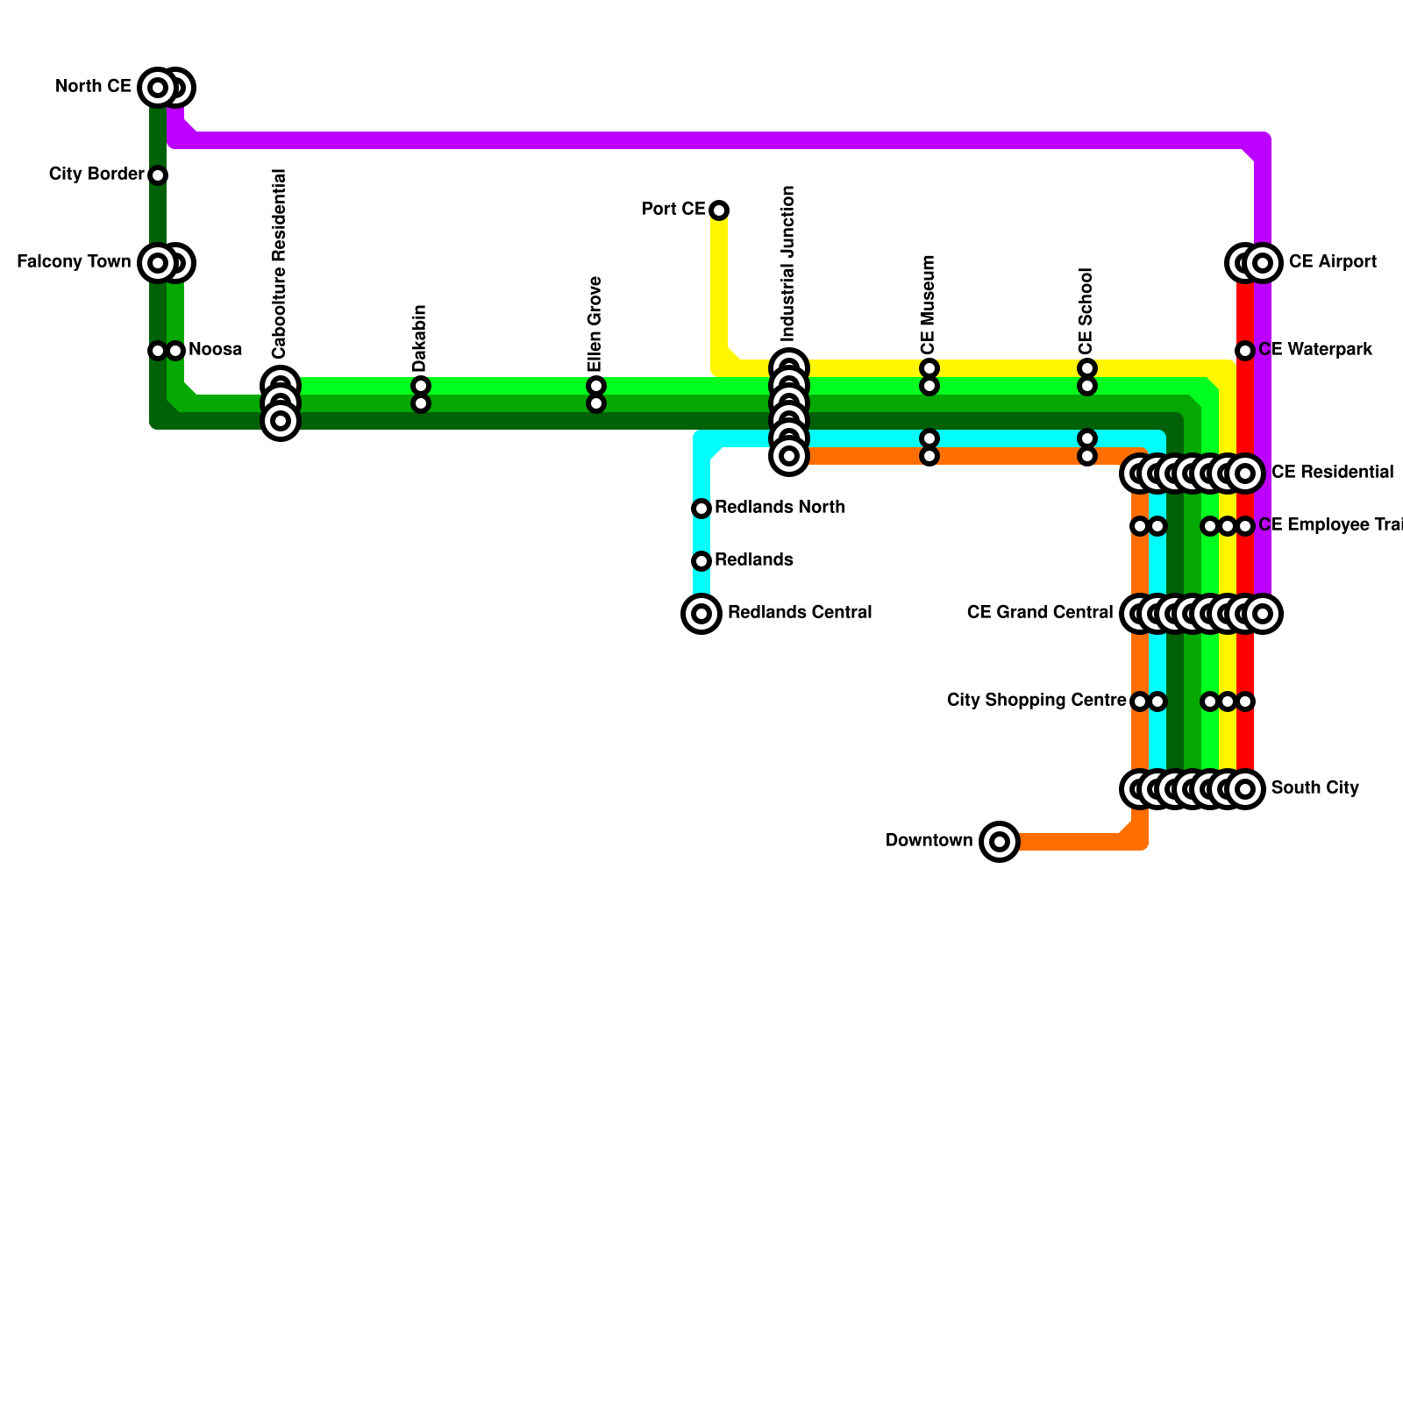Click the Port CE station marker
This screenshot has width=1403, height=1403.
pyautogui.click(x=719, y=210)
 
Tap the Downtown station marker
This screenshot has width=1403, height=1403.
pyautogui.click(x=1000, y=842)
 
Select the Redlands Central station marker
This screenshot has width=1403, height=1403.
pyautogui.click(x=701, y=614)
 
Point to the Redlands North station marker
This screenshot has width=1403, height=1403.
pyautogui.click(x=701, y=509)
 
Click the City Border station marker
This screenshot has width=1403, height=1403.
pyautogui.click(x=158, y=175)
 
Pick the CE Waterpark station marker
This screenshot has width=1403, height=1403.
pyautogui.click(x=1245, y=351)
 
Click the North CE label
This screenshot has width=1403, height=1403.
pyautogui.click(x=93, y=87)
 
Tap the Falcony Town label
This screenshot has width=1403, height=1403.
pyautogui.click(x=74, y=262)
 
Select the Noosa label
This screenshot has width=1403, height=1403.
pyautogui.click(x=215, y=350)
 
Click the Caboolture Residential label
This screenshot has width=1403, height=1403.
pyautogui.click(x=280, y=263)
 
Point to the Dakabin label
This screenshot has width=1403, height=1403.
pyautogui.click(x=420, y=338)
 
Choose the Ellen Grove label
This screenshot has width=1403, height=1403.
pyautogui.click(x=595, y=324)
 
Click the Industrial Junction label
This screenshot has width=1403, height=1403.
pyautogui.click(x=788, y=263)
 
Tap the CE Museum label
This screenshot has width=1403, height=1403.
pyautogui.click(x=929, y=304)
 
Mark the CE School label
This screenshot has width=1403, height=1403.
pyautogui.click(x=1086, y=310)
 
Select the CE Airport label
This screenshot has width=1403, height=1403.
pyautogui.click(x=1332, y=262)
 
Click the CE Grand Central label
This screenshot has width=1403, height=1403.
pyautogui.click(x=1040, y=612)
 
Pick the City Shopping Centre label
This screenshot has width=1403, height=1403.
pyautogui.click(x=1036, y=701)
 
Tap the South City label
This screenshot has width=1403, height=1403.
pyautogui.click(x=1314, y=788)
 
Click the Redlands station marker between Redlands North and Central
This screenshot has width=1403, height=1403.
pyautogui.click(x=701, y=561)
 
